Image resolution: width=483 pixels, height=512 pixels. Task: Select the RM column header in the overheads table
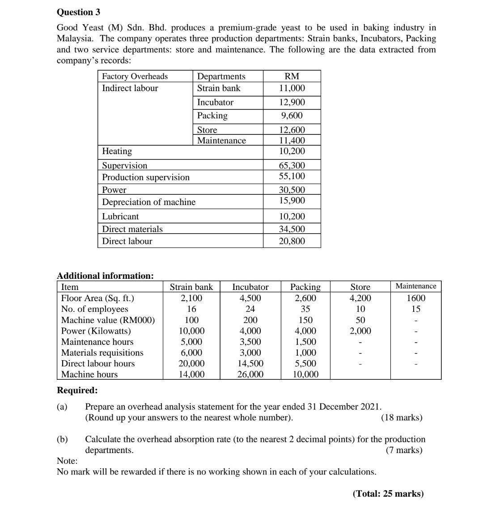coord(292,76)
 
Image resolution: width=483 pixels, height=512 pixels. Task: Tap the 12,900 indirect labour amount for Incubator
coord(292,102)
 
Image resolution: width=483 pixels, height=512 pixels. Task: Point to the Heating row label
coord(117,151)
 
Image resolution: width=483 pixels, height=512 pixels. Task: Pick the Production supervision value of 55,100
coord(292,177)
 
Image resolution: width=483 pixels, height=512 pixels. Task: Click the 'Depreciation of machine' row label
coord(149,202)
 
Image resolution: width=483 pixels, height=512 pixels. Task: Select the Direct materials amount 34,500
coord(292,229)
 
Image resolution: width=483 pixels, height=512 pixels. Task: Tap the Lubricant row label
coord(120,216)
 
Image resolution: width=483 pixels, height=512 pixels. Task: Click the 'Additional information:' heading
coord(106,276)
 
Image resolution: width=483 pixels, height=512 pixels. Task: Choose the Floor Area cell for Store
coord(360,298)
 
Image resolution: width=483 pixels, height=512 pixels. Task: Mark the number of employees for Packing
coord(305,309)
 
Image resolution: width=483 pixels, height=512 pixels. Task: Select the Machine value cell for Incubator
coord(250,320)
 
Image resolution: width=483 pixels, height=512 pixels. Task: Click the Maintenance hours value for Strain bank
coord(192,342)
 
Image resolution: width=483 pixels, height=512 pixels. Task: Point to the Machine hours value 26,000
coord(250,374)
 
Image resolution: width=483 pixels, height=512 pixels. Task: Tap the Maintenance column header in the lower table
coord(416,286)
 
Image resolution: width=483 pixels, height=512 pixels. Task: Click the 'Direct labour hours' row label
coord(98,364)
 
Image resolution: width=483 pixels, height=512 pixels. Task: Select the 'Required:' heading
coord(77,390)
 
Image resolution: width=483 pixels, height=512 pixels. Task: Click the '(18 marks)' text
coord(401,418)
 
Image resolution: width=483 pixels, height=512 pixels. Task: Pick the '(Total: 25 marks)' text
coord(388,494)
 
